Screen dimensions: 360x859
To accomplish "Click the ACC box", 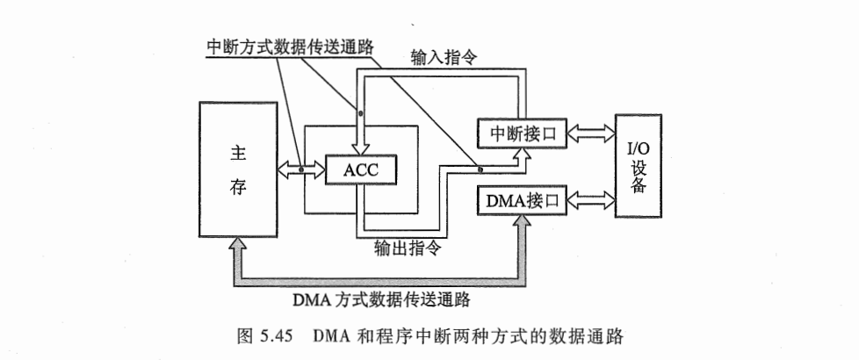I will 360,169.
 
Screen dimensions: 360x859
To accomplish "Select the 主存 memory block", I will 237,169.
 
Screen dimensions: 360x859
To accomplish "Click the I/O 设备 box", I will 639,167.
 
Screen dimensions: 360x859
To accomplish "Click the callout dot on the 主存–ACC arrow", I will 301,169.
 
